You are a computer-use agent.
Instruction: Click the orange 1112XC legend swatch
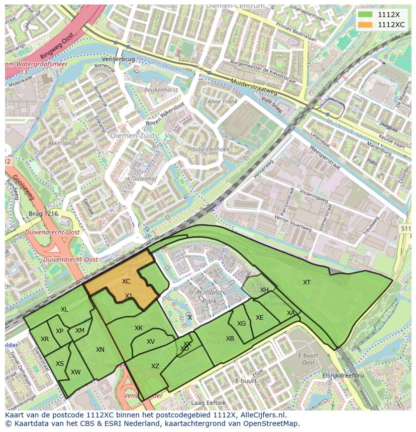pyautogui.click(x=365, y=25)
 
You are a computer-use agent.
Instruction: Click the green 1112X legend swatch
pyautogui.click(x=365, y=15)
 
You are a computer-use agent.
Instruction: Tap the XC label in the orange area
pyautogui.click(x=126, y=281)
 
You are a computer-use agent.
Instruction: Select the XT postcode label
pyautogui.click(x=306, y=282)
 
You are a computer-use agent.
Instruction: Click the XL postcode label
pyautogui.click(x=64, y=310)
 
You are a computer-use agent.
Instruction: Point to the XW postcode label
pyautogui.click(x=76, y=372)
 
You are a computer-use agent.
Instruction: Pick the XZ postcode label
pyautogui.click(x=155, y=366)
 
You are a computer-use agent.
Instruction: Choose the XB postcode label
pyautogui.click(x=230, y=339)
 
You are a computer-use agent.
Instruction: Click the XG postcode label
pyautogui.click(x=242, y=324)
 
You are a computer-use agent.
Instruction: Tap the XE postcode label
pyautogui.click(x=259, y=318)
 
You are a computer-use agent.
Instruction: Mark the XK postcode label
pyautogui.click(x=139, y=328)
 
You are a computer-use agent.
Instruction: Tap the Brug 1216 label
pyautogui.click(x=44, y=214)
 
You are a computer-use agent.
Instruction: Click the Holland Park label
pyautogui.click(x=209, y=296)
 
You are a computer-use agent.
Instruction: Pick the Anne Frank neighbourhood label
pyautogui.click(x=222, y=101)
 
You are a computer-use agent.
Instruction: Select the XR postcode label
pyautogui.click(x=45, y=339)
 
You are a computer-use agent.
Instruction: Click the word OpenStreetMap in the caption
pyautogui.click(x=272, y=423)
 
